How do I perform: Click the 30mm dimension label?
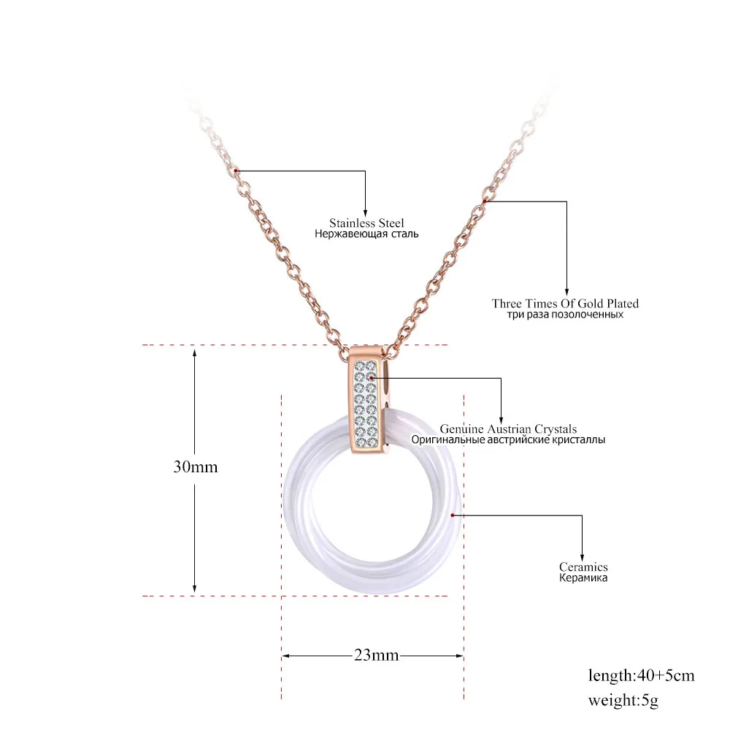tap(196, 467)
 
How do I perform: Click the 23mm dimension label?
tap(376, 655)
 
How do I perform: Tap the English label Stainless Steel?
tap(366, 223)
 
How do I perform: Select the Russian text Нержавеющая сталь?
tap(366, 234)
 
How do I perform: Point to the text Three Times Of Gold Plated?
tap(565, 304)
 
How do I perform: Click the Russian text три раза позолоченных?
tap(565, 315)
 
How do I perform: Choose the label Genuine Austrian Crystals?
tap(508, 429)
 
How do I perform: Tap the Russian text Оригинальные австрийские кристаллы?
tap(508, 440)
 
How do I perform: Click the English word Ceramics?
tap(583, 567)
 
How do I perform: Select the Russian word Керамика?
tap(583, 578)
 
